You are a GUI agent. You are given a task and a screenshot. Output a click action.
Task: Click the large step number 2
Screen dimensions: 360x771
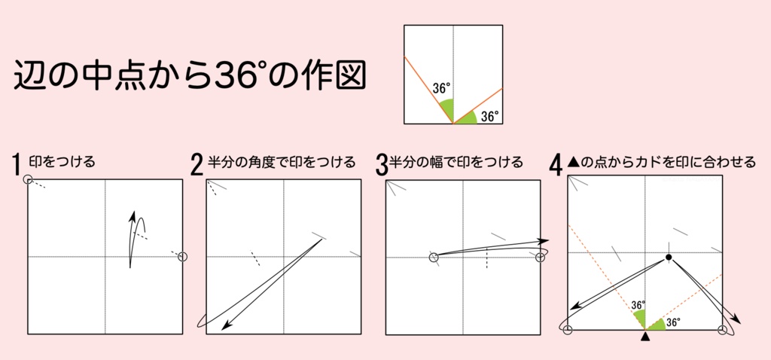point(197,165)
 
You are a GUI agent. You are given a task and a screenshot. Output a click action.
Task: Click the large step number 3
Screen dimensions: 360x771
point(381,165)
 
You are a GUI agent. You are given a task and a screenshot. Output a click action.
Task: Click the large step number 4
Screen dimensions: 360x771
point(556,165)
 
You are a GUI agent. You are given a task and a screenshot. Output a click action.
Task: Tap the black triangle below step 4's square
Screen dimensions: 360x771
point(645,338)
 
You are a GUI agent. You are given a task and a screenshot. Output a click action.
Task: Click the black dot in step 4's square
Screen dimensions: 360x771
point(668,258)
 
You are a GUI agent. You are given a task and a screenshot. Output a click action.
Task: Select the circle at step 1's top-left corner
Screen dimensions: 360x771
point(29,179)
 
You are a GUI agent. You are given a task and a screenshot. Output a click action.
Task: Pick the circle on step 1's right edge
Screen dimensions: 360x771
point(181,257)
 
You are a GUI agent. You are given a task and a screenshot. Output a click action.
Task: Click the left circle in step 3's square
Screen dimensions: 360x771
point(434,258)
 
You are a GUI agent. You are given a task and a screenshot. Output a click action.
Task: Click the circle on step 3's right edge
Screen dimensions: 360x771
point(539,258)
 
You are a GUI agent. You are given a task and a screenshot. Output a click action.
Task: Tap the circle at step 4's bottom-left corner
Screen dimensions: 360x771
point(568,329)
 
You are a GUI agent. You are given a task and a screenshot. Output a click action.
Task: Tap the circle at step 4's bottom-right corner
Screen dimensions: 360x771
point(723,329)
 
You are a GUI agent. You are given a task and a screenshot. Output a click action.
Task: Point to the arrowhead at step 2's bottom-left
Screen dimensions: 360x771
point(225,328)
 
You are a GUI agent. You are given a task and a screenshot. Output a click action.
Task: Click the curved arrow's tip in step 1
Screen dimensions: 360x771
point(134,217)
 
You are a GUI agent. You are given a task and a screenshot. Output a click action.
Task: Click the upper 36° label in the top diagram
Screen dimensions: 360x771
point(441,87)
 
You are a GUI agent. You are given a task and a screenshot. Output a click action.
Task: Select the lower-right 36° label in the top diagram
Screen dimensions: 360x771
point(489,117)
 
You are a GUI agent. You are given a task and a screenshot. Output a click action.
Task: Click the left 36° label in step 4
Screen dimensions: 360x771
point(638,305)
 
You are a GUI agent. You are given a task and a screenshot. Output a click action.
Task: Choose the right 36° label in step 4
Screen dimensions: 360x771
point(673,322)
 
